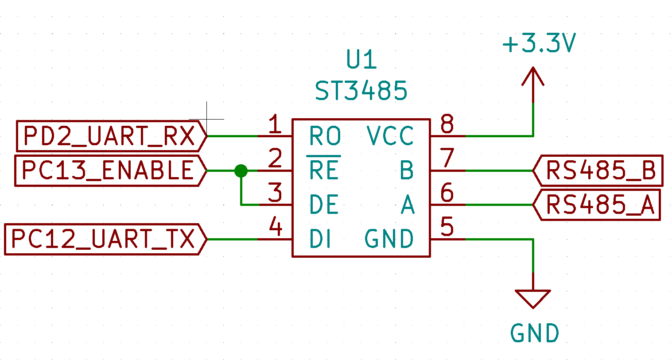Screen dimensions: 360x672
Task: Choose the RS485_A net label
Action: [x=598, y=205]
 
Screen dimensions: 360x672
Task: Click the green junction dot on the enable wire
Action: [x=241, y=170]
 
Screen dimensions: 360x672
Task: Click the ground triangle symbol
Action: [x=533, y=298]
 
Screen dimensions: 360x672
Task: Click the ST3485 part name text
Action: [x=361, y=91]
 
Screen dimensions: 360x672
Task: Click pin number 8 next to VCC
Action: [x=447, y=124]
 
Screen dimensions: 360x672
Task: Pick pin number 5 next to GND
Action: [x=447, y=227]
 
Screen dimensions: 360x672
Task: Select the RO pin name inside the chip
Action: [x=325, y=136]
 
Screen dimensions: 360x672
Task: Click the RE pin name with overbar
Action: [x=324, y=170]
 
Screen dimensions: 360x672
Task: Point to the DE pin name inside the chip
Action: [x=324, y=205]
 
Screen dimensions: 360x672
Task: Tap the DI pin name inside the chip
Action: [x=320, y=239]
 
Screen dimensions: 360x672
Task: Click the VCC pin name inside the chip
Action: [x=390, y=136]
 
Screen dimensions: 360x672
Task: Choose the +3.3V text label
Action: [x=539, y=44]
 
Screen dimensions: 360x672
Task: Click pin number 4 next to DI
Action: [x=276, y=228]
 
